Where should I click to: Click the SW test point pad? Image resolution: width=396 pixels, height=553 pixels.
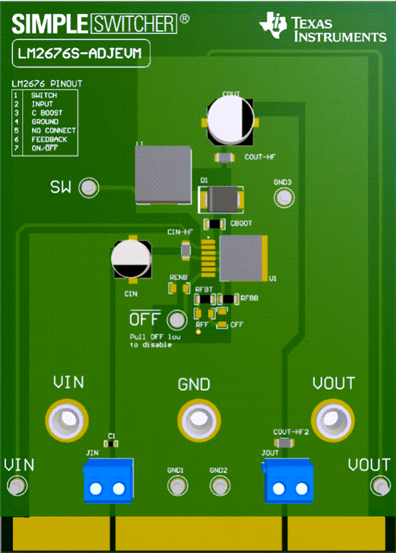[90, 187]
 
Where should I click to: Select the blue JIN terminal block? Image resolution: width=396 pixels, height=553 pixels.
[108, 480]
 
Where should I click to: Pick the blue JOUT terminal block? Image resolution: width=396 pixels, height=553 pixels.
[289, 480]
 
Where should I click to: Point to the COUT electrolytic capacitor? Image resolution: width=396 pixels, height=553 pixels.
[230, 119]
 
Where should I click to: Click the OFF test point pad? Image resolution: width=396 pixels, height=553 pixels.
[177, 320]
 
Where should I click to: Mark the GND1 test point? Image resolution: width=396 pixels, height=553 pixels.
[176, 485]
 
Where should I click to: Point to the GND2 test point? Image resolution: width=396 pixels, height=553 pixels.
[219, 485]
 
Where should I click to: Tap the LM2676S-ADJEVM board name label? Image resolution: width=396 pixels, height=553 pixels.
[80, 53]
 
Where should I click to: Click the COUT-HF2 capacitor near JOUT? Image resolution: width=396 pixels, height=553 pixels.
[284, 442]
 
